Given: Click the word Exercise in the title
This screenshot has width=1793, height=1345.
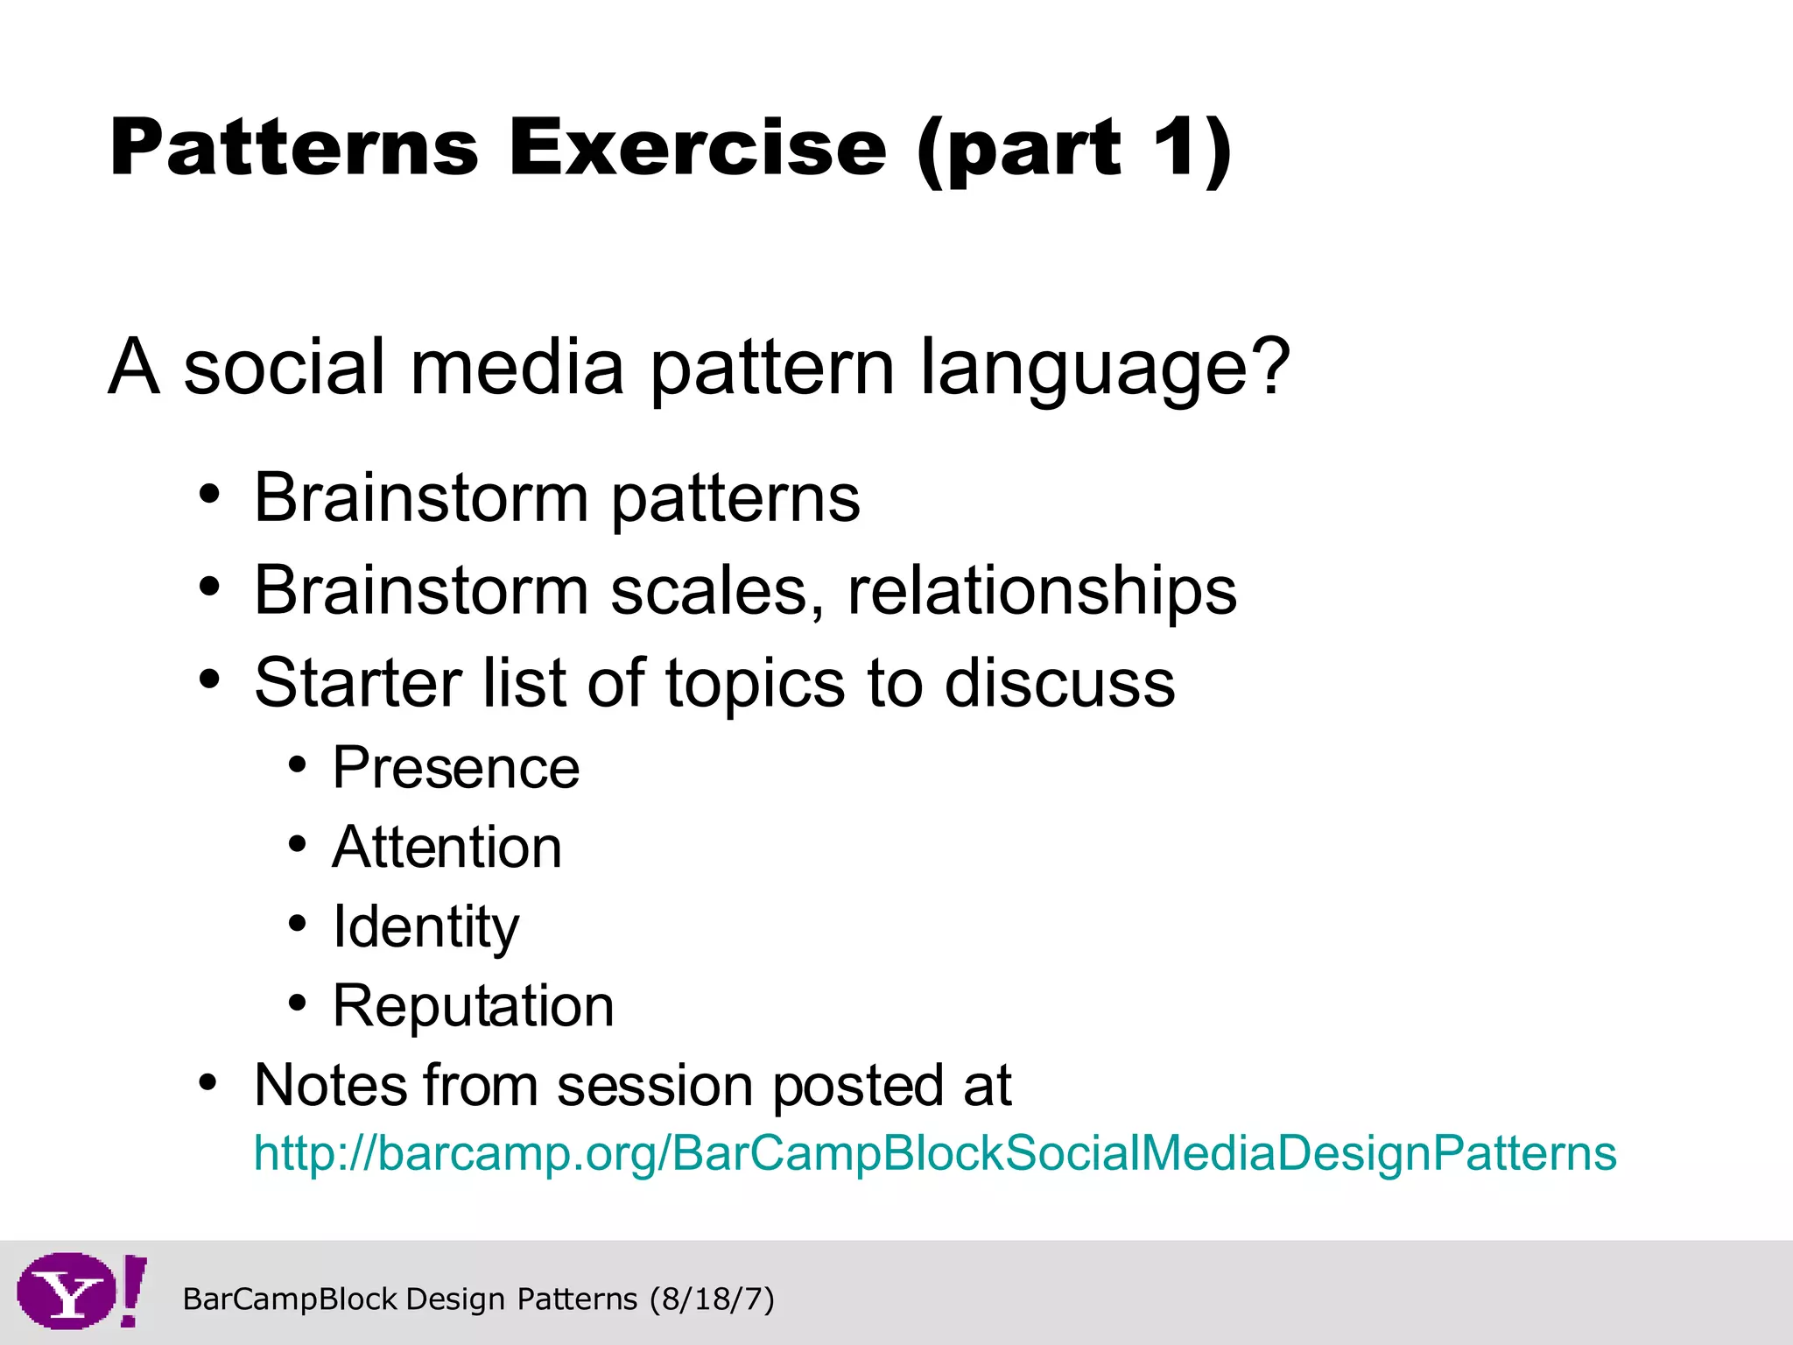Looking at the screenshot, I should pyautogui.click(x=698, y=147).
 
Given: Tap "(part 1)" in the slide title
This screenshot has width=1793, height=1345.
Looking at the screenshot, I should pyautogui.click(x=1074, y=149).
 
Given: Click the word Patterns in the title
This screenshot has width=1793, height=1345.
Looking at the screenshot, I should pyautogui.click(x=294, y=147).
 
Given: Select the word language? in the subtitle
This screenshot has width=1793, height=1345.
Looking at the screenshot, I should pyautogui.click(x=1105, y=368).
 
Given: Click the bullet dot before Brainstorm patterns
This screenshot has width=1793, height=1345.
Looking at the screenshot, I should pyautogui.click(x=208, y=494).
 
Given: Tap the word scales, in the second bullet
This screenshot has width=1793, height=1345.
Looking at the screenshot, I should pyautogui.click(x=717, y=592).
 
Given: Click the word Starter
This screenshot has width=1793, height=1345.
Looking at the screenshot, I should pyautogui.click(x=357, y=682).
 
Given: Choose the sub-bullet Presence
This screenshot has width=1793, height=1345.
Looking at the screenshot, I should pyautogui.click(x=455, y=768).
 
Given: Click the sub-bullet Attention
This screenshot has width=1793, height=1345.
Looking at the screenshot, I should pyautogui.click(x=446, y=848).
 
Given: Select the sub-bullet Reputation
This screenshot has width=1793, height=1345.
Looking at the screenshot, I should pyautogui.click(x=473, y=1006).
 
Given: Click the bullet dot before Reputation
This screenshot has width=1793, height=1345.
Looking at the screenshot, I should pyautogui.click(x=298, y=1002).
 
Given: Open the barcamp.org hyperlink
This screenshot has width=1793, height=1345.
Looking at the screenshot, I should pyautogui.click(x=934, y=1152).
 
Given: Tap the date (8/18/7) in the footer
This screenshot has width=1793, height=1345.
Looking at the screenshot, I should pyautogui.click(x=712, y=1299).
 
